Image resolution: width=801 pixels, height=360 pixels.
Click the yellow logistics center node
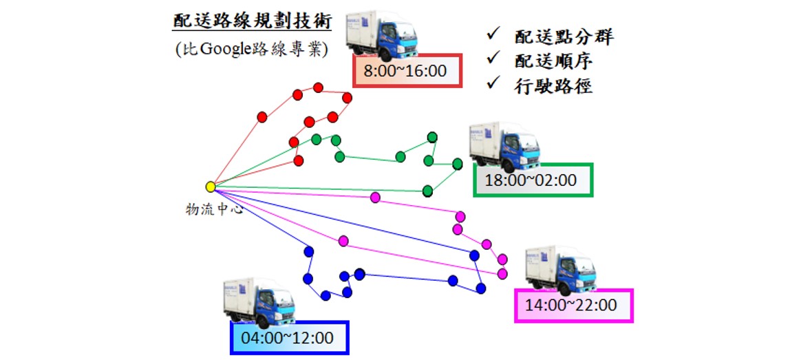click(x=211, y=187)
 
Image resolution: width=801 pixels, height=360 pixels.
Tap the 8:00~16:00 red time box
click(x=406, y=70)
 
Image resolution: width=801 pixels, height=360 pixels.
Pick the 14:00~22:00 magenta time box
click(x=573, y=305)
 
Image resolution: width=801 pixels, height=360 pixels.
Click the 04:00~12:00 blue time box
click(x=289, y=338)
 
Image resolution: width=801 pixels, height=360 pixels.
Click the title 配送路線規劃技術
click(x=253, y=21)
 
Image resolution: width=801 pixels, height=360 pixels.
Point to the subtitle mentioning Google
click(x=250, y=50)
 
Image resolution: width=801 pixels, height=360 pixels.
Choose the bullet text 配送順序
click(x=553, y=61)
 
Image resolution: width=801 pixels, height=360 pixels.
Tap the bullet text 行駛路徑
click(x=553, y=86)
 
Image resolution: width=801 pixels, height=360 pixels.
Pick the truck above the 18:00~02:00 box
click(x=504, y=146)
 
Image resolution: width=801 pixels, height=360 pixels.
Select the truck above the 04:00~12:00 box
click(x=259, y=302)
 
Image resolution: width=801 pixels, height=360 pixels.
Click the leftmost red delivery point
click(x=262, y=117)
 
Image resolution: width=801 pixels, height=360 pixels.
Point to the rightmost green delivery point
click(x=458, y=164)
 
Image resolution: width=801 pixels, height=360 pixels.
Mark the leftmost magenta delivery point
click(x=343, y=241)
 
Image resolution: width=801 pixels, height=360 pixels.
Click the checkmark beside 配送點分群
click(x=493, y=34)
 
